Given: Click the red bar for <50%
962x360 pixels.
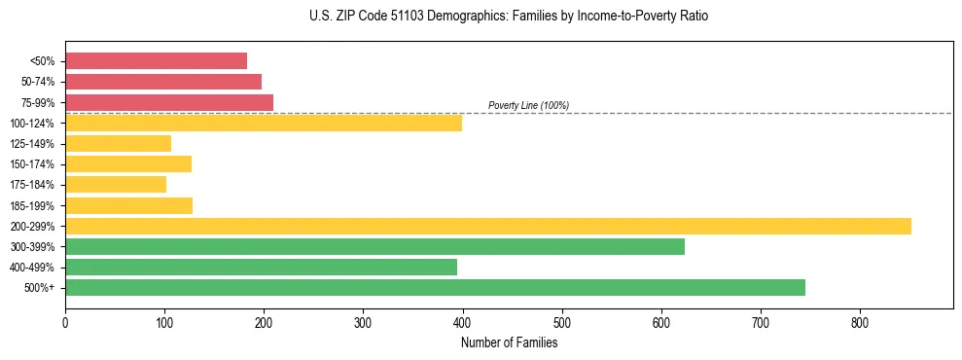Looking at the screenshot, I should [x=156, y=60].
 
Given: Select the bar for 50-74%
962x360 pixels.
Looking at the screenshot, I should [x=163, y=81].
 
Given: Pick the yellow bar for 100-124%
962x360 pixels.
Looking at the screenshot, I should [x=264, y=123].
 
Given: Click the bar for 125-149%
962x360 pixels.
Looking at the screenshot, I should [x=118, y=143].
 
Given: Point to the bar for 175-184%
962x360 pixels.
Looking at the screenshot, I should [x=116, y=184].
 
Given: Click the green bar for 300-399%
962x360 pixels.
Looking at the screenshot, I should [x=374, y=246].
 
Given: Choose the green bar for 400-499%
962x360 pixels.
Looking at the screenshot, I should [x=261, y=267].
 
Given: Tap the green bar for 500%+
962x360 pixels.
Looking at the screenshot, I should [x=435, y=287].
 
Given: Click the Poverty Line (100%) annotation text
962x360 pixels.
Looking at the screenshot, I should [x=528, y=105].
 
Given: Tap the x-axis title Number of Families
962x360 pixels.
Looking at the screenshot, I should [x=509, y=342].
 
